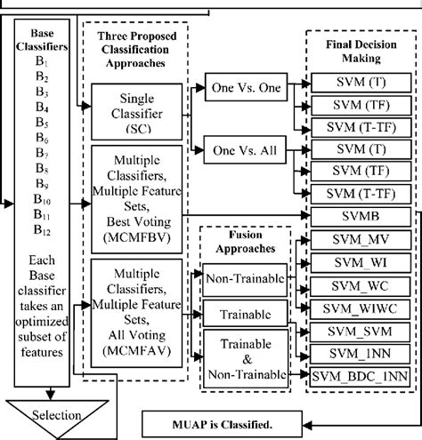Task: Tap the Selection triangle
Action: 56,414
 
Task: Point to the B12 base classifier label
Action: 42,229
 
